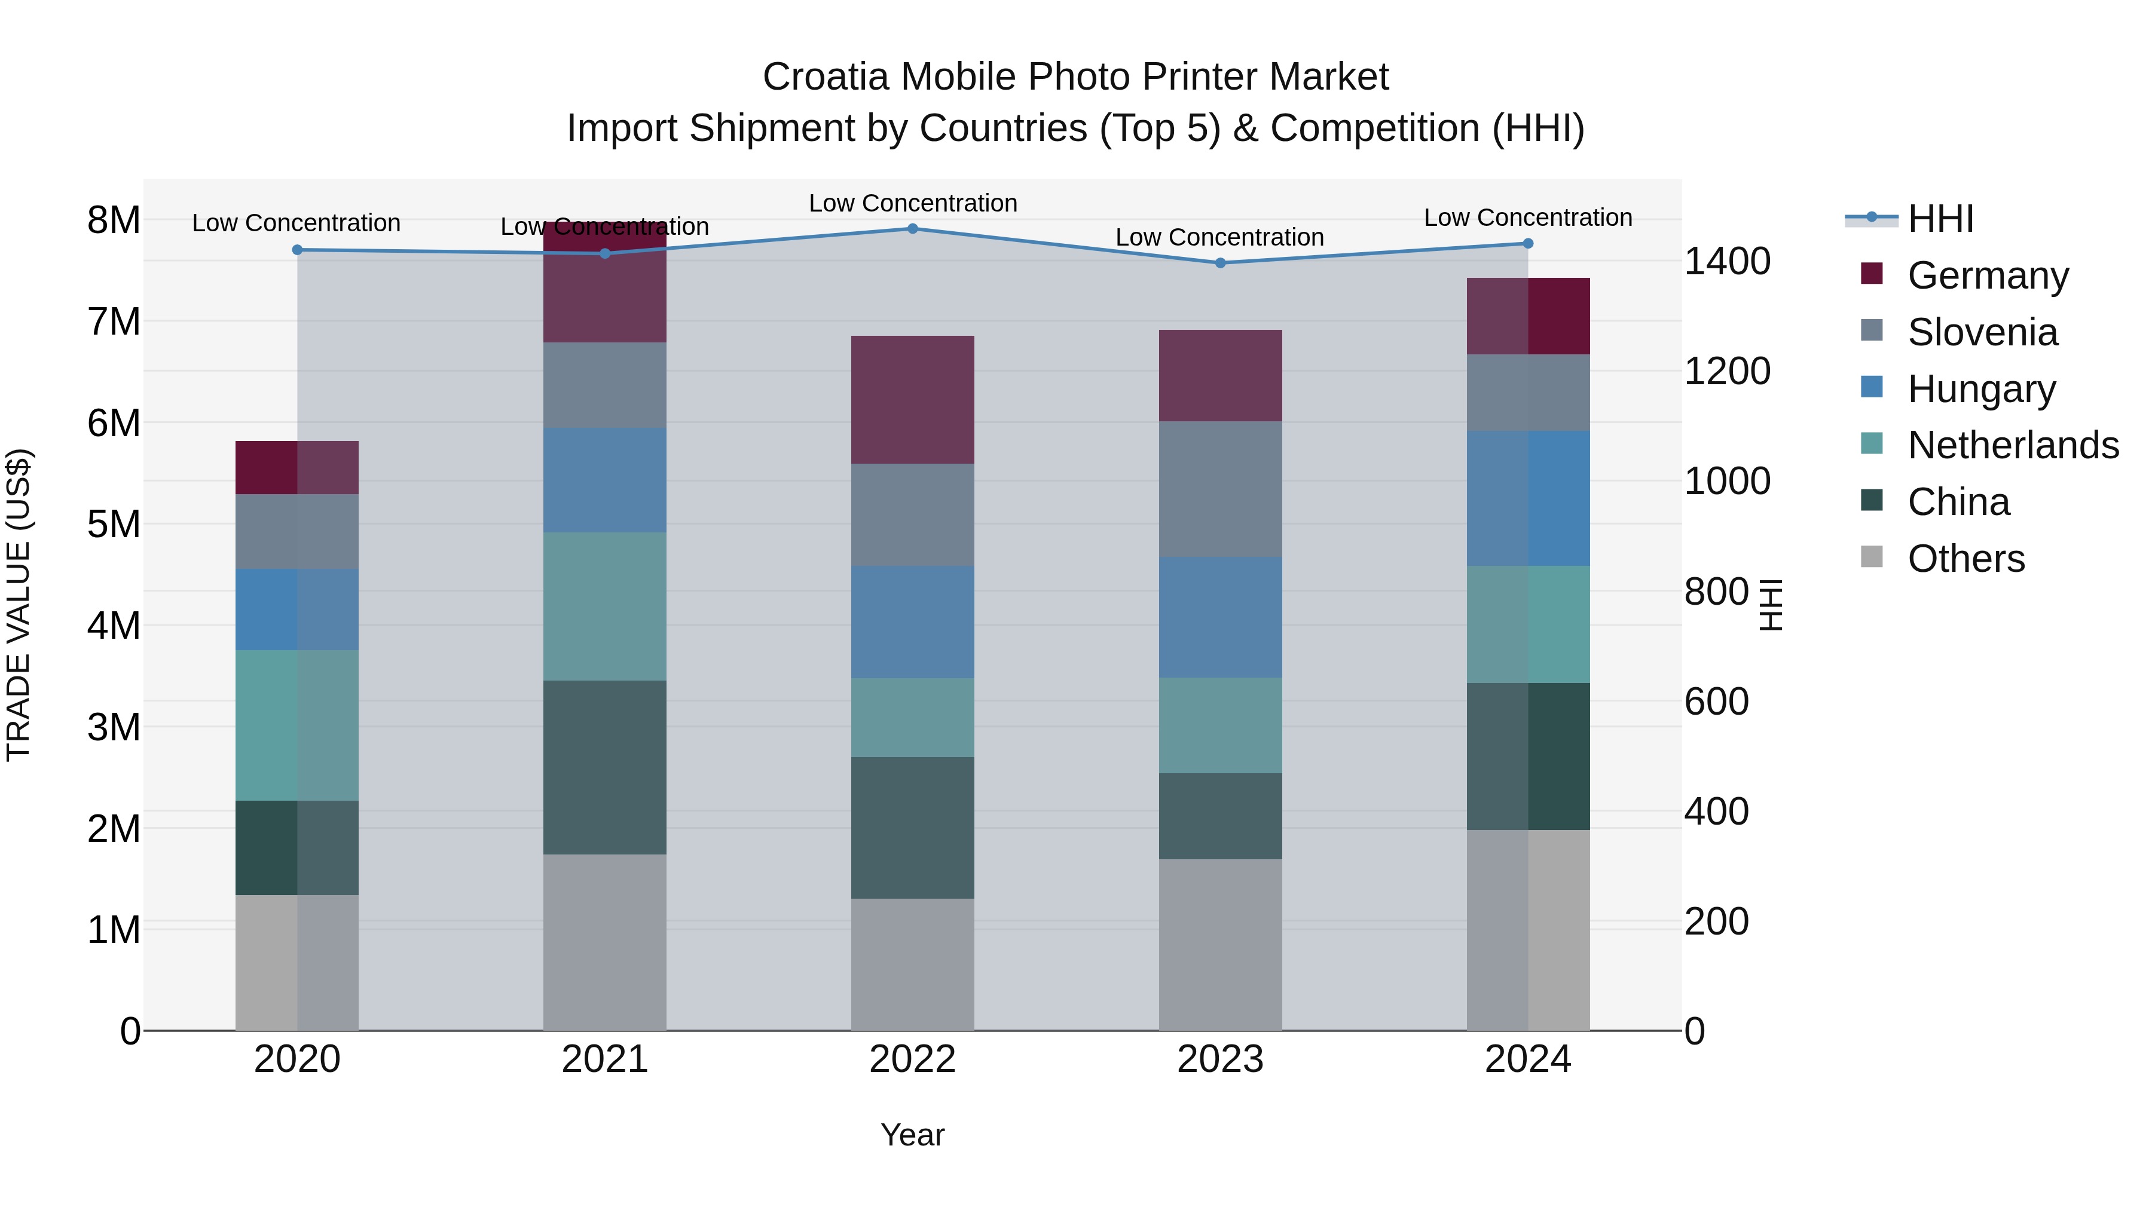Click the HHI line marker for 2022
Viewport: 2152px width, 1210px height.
tap(912, 229)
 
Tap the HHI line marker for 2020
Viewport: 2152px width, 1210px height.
tap(298, 250)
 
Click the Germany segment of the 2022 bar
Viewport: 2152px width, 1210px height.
tap(912, 400)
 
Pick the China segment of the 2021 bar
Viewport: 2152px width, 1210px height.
tap(605, 767)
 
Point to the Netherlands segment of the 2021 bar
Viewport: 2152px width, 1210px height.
tap(605, 606)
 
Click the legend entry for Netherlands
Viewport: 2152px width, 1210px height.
tap(2013, 445)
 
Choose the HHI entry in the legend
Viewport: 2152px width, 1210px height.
tap(1940, 219)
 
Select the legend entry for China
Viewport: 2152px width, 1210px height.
tap(1958, 502)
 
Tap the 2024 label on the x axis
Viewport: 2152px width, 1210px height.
tap(1527, 1059)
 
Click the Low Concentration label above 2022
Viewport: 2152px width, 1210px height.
tap(912, 203)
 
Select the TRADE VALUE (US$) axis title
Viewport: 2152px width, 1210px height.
tap(19, 605)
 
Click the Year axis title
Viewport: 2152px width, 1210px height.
tap(912, 1135)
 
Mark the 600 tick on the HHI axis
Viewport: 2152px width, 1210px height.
tap(1716, 702)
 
